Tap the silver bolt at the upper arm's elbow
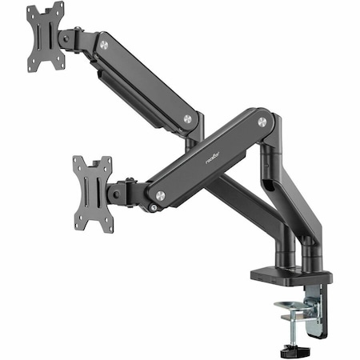[x=187, y=118]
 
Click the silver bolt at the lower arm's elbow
[x=262, y=122]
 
